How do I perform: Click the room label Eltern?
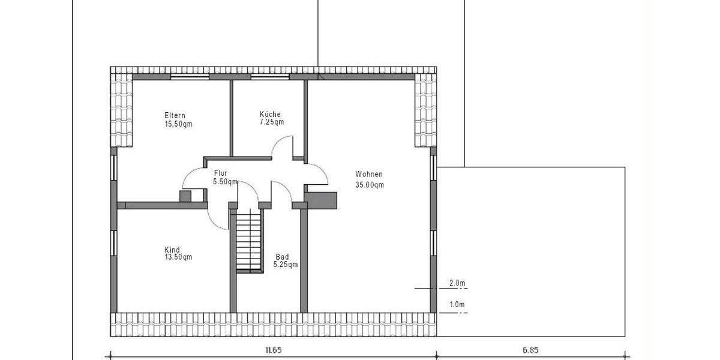click(175, 115)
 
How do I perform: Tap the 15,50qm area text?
click(178, 124)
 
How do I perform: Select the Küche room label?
click(270, 114)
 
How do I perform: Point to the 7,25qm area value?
click(272, 122)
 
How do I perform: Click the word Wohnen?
click(368, 175)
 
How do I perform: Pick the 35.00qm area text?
click(370, 185)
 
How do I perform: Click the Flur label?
click(220, 173)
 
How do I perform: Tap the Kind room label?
click(172, 250)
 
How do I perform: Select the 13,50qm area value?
click(178, 257)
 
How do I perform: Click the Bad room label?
click(283, 256)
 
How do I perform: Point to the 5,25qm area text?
click(286, 264)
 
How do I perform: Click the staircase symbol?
click(249, 240)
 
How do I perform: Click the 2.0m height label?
click(457, 283)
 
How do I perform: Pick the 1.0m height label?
click(457, 305)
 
